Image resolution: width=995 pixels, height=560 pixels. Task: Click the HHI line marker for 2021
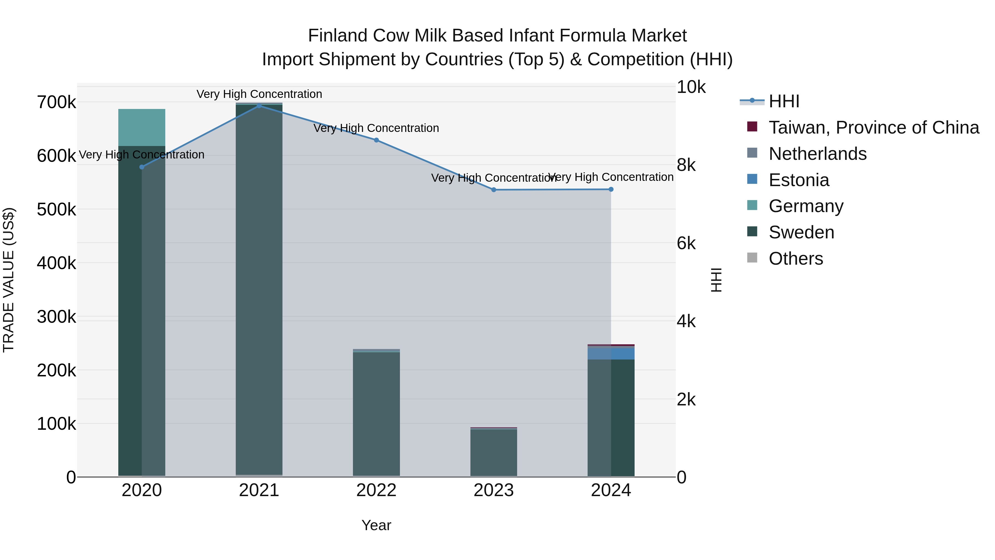tap(259, 106)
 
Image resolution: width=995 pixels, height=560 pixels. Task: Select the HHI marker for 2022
tap(377, 140)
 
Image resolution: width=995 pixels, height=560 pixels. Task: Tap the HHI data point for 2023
tap(494, 190)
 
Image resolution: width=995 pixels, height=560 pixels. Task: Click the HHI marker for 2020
tap(142, 167)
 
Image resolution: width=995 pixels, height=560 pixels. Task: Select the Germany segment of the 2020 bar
tap(142, 127)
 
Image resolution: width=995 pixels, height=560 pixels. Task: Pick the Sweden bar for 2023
tap(494, 452)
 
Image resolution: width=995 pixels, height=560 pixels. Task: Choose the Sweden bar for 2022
tap(377, 413)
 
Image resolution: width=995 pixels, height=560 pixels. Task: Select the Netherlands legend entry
tap(817, 154)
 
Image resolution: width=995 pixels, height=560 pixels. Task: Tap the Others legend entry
tap(796, 259)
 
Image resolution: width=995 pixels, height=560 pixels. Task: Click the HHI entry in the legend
tap(784, 101)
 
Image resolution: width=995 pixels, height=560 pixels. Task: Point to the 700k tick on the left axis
tap(56, 103)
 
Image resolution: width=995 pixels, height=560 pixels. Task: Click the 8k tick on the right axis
tap(686, 165)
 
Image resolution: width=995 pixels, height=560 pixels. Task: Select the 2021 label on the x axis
tap(259, 490)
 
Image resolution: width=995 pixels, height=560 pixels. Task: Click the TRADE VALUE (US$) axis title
tap(9, 280)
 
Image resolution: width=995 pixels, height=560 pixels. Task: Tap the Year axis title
tap(376, 525)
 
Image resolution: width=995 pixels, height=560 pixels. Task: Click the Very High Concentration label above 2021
tap(259, 94)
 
